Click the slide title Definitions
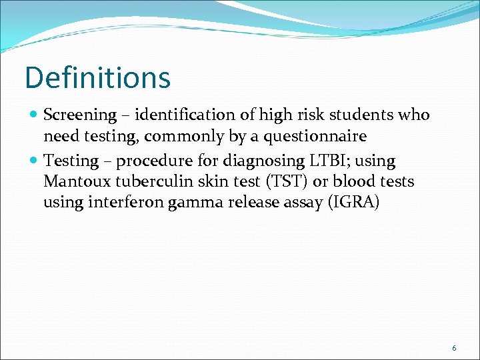(97, 77)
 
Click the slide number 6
(454, 348)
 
